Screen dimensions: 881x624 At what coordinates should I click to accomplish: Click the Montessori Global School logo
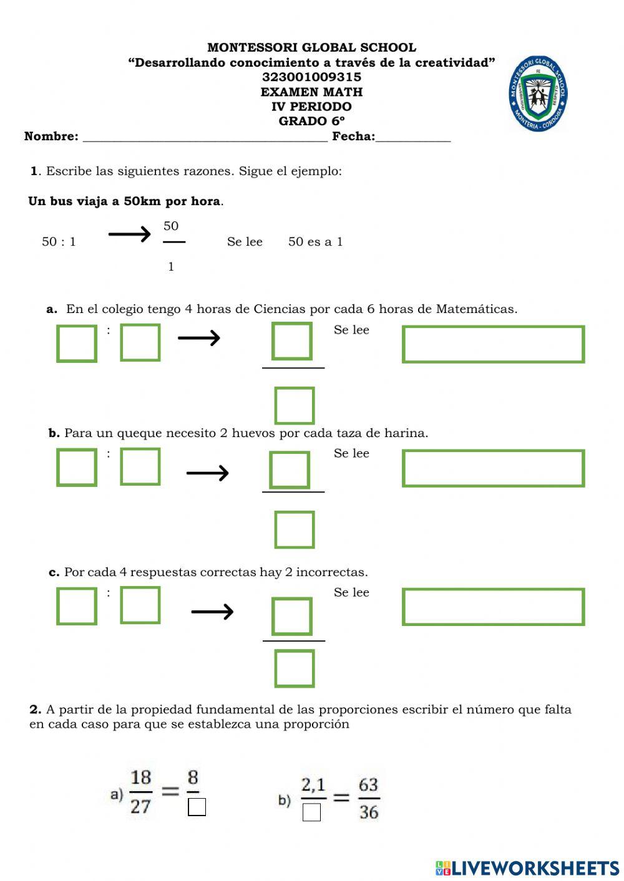pos(538,94)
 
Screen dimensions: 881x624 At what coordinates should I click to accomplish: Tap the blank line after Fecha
pos(412,138)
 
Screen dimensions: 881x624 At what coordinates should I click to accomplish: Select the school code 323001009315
pos(311,77)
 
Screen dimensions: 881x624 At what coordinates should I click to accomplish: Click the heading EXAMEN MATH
pos(311,92)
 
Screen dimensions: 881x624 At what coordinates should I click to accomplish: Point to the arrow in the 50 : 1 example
pos(129,234)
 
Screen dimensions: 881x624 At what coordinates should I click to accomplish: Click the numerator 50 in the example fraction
pos(171,226)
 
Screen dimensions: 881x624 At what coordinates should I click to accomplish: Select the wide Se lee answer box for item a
pos(493,344)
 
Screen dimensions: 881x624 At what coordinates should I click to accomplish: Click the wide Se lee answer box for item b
pos(493,468)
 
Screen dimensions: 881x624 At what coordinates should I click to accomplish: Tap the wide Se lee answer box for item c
pos(493,607)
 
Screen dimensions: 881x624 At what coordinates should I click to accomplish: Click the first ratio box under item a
pos(77,343)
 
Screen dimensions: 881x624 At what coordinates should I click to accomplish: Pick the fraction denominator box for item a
pos(295,405)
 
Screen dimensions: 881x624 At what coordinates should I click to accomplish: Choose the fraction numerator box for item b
pos(290,470)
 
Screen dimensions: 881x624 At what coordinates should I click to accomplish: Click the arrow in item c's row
pos(212,612)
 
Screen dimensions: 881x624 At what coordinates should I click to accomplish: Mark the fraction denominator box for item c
pos(295,668)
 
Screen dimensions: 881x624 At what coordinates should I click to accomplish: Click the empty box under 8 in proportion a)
pos(197,807)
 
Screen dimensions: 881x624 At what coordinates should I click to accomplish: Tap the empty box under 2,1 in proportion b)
pos(311,812)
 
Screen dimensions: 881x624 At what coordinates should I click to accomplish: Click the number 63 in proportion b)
pos(368,784)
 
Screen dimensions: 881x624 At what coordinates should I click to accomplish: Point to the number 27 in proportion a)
pos(140,806)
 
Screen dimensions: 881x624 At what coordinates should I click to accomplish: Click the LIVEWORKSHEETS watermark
pos(527,868)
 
